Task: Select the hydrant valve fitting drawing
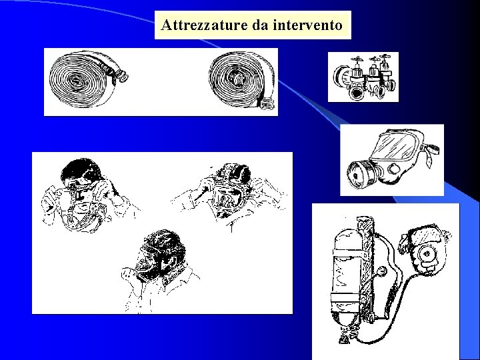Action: (363, 77)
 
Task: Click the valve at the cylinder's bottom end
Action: (344, 337)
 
